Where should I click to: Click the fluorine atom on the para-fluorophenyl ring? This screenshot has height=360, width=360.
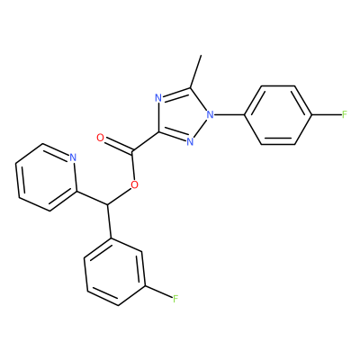345,114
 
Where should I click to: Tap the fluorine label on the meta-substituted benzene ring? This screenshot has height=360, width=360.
175,298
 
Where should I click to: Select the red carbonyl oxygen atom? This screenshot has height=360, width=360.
101,138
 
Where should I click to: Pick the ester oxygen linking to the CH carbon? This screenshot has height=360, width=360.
135,184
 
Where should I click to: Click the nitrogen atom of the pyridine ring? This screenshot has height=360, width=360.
73,157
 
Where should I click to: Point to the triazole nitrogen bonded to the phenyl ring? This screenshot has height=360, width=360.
211,114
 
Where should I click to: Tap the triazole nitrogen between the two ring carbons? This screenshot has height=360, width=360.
158,98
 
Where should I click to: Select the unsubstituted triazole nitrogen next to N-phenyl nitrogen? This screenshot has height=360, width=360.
190,141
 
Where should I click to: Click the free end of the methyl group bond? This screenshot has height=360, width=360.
202,55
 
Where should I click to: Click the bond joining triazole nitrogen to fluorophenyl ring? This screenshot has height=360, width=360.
230,114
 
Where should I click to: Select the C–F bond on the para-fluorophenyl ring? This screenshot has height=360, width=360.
326,114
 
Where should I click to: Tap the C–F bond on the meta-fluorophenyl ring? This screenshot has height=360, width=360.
158,292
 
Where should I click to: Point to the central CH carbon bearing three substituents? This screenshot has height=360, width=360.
107,205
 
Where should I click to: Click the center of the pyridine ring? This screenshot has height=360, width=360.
46,177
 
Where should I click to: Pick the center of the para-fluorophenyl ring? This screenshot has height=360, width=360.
278,115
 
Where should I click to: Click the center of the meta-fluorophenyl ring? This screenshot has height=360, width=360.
115,272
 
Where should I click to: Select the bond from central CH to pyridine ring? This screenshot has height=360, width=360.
92,198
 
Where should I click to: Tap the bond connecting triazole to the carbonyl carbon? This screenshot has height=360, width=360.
145,141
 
